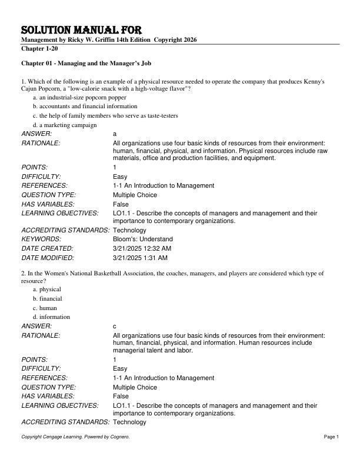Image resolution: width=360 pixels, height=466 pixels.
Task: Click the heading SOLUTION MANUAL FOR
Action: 81,30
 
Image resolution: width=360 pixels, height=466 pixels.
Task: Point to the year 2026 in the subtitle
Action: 189,39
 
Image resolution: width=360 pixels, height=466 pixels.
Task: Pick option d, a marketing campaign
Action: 64,125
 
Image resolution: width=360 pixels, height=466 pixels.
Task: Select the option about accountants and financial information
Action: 85,106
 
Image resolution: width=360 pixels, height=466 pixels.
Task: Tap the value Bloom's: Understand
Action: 142,239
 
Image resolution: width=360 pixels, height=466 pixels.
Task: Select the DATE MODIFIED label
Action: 48,258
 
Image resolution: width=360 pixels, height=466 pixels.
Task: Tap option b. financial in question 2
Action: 47,298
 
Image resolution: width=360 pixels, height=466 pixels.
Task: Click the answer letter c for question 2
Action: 115,326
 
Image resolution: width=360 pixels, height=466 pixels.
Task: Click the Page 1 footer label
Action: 331,437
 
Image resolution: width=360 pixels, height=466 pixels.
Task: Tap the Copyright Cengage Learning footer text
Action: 75,437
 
